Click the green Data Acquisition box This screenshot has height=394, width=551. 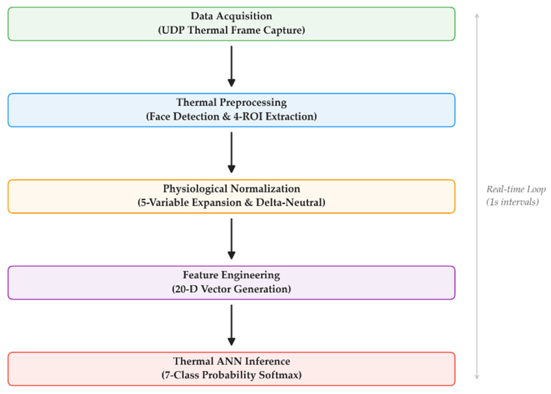pos(231,24)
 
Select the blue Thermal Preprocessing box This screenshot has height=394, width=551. pos(231,110)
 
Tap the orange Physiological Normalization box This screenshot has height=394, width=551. pos(231,196)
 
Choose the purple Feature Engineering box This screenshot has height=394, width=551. pos(231,282)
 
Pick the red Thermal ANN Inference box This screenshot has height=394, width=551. pos(231,369)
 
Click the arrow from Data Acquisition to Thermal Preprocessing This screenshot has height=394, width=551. pos(231,66)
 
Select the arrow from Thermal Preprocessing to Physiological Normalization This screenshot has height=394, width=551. pos(231,152)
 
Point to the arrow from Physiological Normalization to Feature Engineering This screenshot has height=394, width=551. pos(231,239)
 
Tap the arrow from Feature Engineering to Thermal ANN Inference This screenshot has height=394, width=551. pos(231,325)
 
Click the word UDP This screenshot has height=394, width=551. pos(173,30)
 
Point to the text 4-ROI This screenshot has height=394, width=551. pos(248,116)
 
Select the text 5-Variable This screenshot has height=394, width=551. pos(165,202)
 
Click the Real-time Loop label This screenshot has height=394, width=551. pos(516,189)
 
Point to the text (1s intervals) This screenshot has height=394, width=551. pos(513,202)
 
